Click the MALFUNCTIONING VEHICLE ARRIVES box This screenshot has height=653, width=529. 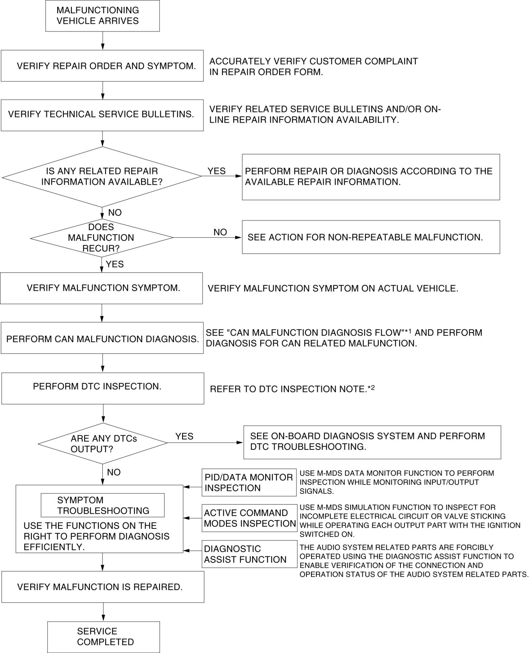point(102,16)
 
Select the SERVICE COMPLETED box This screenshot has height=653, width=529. point(104,636)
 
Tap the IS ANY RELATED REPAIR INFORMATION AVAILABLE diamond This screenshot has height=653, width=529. point(102,176)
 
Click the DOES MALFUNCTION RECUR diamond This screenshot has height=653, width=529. point(102,237)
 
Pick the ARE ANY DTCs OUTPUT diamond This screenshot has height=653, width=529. point(103,443)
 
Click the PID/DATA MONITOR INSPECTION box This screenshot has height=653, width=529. point(249,482)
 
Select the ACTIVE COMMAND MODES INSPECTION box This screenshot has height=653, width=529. point(249,518)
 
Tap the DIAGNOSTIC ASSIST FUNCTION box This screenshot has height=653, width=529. point(249,554)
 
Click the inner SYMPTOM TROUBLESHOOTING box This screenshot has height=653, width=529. point(103,505)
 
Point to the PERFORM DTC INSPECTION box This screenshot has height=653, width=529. point(103,388)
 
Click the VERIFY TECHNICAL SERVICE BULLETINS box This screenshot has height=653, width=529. point(102,115)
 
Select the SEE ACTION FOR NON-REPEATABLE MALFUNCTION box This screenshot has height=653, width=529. point(371,237)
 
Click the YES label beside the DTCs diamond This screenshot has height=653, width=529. point(184,437)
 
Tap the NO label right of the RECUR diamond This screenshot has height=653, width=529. point(220,232)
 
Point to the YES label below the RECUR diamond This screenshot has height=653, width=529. point(114,264)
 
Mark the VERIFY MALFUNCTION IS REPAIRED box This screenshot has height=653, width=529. point(103,587)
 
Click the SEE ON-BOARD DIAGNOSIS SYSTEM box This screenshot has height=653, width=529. point(372,442)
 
